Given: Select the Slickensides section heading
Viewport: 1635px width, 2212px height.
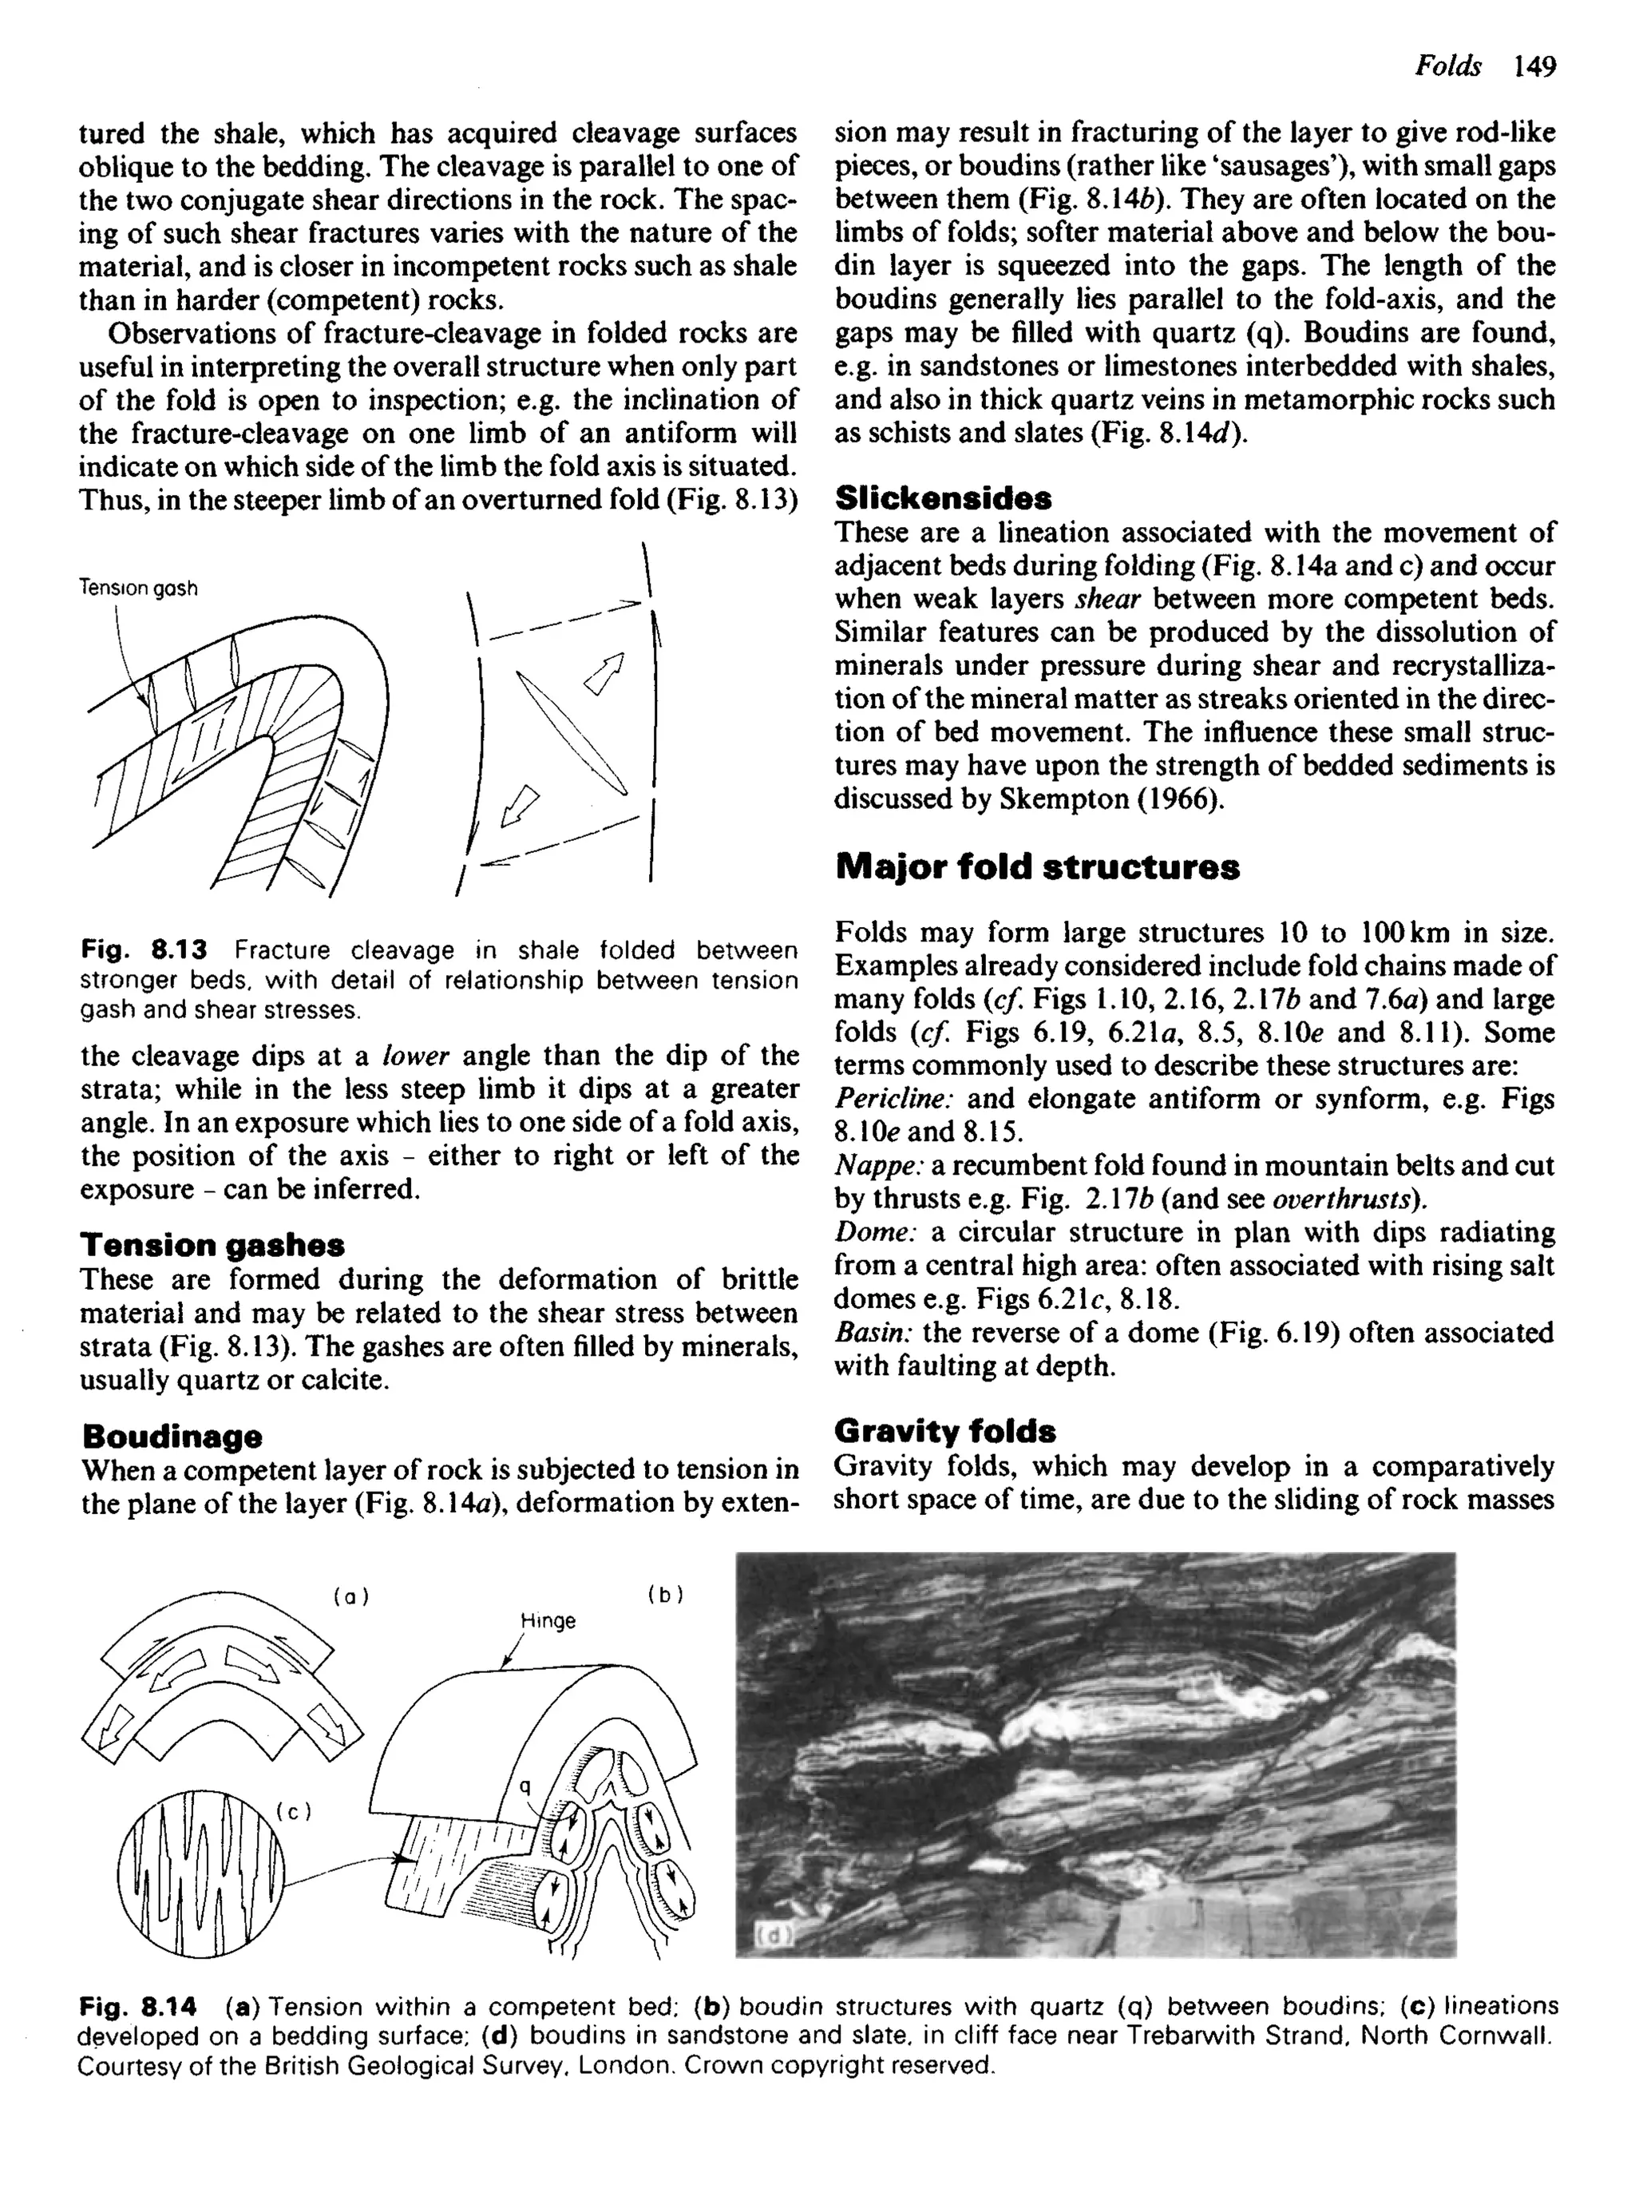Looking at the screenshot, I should pos(942,497).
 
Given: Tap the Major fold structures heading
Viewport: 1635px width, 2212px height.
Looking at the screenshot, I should pos(1036,867).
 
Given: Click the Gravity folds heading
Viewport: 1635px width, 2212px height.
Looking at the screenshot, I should pos(944,1431).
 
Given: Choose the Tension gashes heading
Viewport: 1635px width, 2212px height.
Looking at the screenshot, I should pos(213,1244).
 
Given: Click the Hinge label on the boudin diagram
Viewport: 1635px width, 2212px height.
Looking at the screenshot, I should pos(548,1621).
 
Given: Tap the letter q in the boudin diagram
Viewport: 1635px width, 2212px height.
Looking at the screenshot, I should pos(525,1786).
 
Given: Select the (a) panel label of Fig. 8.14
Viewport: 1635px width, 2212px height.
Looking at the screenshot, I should pos(350,1596).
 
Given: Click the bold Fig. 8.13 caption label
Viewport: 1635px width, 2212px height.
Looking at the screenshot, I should pos(144,951).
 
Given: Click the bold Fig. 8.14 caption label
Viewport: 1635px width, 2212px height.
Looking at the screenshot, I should pos(139,2007).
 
